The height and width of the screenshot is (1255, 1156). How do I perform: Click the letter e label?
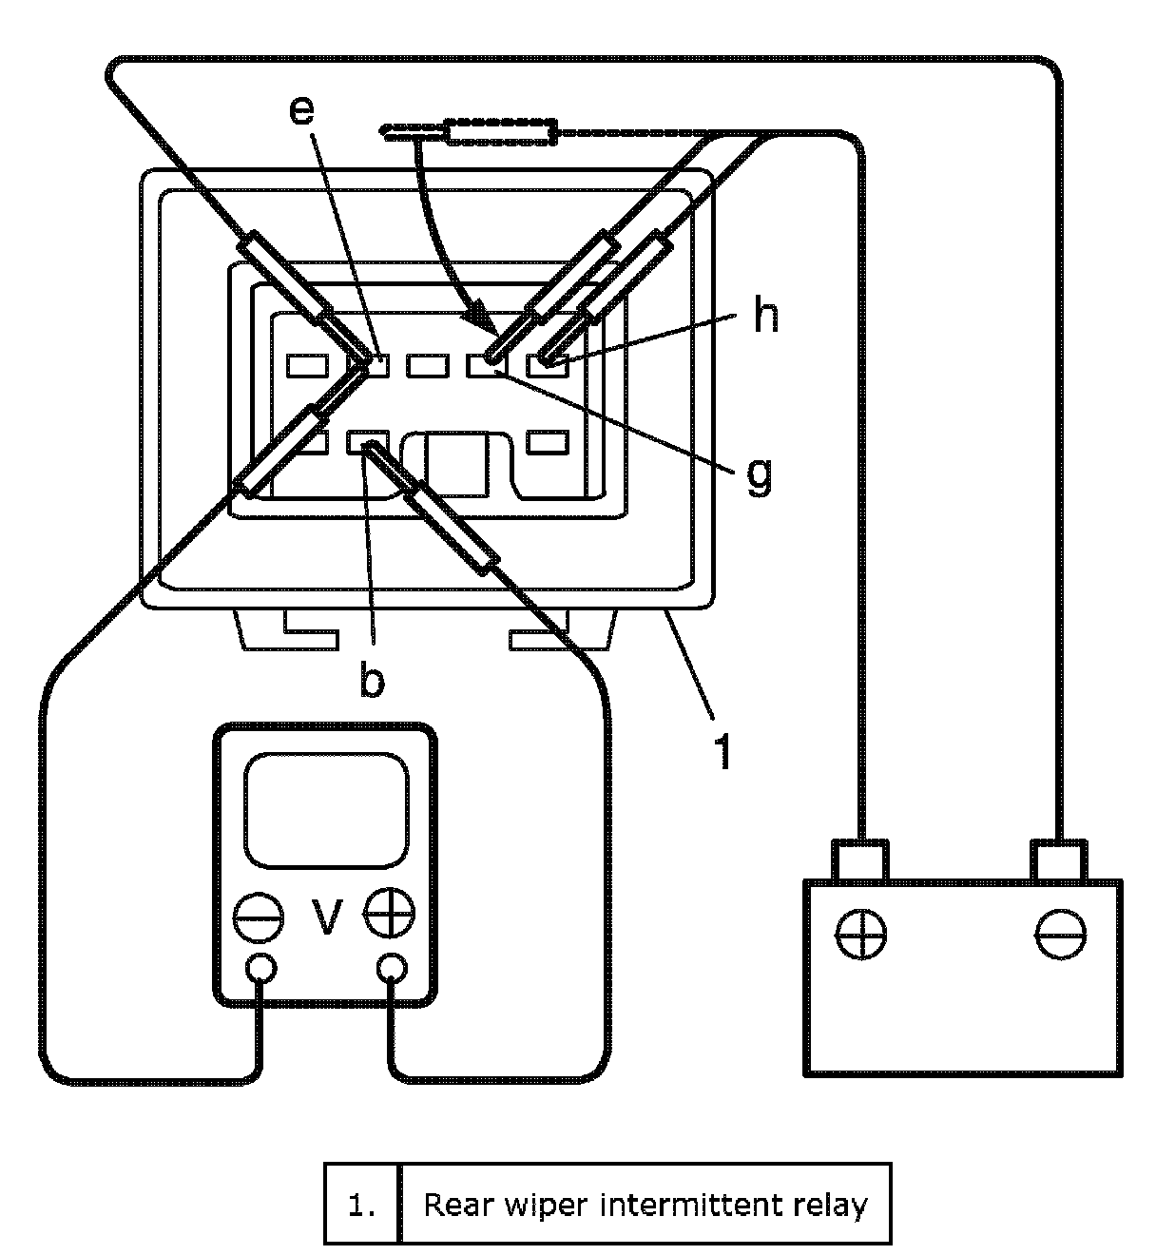point(300,111)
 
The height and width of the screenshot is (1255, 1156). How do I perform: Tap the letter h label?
point(765,316)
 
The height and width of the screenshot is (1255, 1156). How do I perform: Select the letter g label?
point(759,474)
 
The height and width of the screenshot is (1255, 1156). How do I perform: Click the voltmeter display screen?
point(327,809)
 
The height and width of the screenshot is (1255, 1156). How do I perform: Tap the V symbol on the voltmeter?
point(327,917)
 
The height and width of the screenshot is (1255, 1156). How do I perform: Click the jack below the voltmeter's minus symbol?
point(261,969)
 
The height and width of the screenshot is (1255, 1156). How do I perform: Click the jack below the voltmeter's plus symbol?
point(392,969)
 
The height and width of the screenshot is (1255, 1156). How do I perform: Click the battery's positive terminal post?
point(860,859)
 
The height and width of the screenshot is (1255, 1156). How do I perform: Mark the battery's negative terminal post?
point(1057,859)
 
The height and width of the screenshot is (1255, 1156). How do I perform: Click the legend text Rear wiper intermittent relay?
point(645,1205)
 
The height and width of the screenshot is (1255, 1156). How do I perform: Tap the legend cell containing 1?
point(361,1205)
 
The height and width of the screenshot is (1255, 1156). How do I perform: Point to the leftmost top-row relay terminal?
point(308,364)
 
